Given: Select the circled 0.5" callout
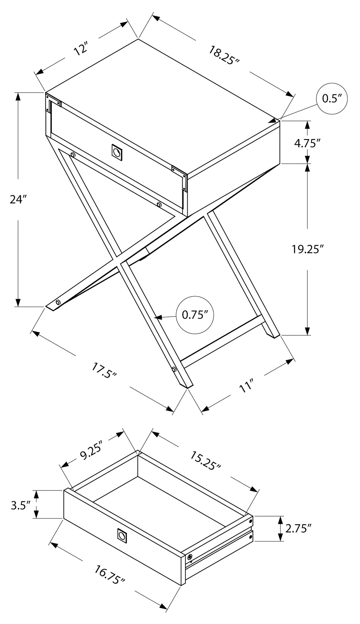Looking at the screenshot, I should coord(332,98).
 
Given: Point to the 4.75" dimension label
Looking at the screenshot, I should coord(307,143).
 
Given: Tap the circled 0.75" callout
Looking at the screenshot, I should coord(195,315).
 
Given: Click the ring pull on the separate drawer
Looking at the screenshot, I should coord(122,535).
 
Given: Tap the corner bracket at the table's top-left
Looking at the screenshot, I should coord(52,102).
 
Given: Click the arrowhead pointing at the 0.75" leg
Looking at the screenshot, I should coord(158,317).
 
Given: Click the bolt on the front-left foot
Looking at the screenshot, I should coord(59,302).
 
